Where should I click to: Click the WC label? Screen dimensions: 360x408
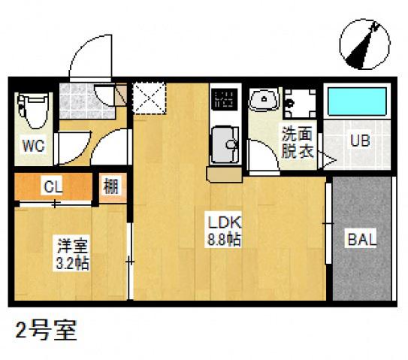33,145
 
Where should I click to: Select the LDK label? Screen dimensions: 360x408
223,222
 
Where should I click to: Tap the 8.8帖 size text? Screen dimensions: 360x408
223,240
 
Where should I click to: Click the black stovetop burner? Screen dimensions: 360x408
224,98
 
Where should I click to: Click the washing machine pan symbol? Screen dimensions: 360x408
301,101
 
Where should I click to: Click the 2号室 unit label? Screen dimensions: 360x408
46,331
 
